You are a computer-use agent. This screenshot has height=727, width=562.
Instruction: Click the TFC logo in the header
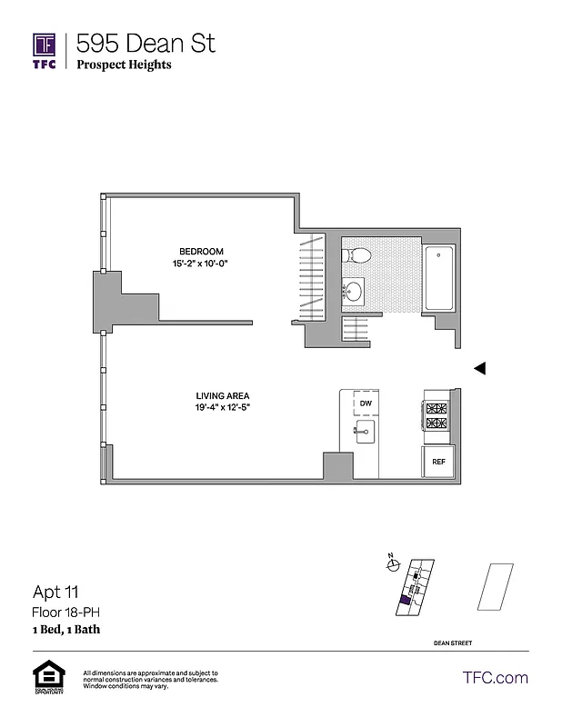[45, 50]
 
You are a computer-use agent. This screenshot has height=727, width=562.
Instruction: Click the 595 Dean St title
[146, 43]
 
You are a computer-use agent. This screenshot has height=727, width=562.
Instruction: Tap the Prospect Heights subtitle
[124, 65]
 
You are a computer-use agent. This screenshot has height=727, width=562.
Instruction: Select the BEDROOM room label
[201, 252]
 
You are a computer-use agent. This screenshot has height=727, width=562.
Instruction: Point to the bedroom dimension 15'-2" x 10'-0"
[201, 264]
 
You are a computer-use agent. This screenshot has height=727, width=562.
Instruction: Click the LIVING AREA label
[222, 395]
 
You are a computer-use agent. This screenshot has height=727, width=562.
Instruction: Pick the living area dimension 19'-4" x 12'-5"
[222, 407]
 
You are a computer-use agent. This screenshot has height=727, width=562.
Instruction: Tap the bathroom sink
[354, 292]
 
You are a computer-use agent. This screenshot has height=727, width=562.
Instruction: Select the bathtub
[441, 277]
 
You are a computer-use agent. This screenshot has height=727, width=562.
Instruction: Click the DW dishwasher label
[366, 403]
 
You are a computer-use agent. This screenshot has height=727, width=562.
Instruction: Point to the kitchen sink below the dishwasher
[366, 431]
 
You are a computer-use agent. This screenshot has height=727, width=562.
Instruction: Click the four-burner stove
[437, 416]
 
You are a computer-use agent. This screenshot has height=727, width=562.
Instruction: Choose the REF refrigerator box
[438, 462]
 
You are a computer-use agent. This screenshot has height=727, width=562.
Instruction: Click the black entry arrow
[481, 368]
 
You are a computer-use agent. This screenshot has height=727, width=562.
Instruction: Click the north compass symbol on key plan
[393, 564]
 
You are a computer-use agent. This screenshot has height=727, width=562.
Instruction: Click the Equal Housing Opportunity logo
[45, 678]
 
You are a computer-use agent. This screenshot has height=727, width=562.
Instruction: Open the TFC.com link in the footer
[496, 677]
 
